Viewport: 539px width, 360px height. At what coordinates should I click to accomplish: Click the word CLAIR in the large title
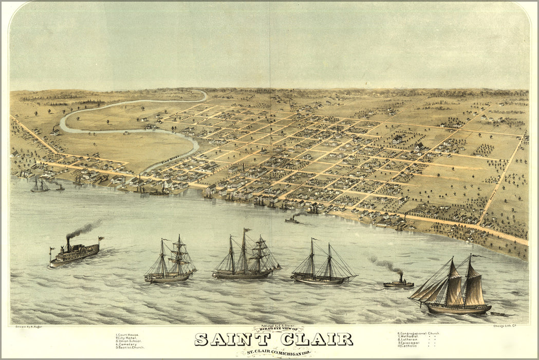[x=315, y=339]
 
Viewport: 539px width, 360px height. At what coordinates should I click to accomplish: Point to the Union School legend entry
[x=129, y=341]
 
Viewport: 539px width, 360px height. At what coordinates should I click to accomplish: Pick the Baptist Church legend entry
[x=131, y=348]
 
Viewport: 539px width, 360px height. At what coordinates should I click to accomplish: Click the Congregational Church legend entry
[x=418, y=333]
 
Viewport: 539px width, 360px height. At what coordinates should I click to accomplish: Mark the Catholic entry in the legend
[x=409, y=346]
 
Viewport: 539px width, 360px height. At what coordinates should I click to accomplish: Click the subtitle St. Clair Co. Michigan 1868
[x=274, y=352]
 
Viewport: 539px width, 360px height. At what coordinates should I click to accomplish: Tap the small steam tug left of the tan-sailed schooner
[x=398, y=283]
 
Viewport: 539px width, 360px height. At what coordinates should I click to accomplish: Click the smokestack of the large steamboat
[x=68, y=244]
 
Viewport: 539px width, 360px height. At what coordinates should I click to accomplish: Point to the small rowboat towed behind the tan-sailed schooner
[x=497, y=313]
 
